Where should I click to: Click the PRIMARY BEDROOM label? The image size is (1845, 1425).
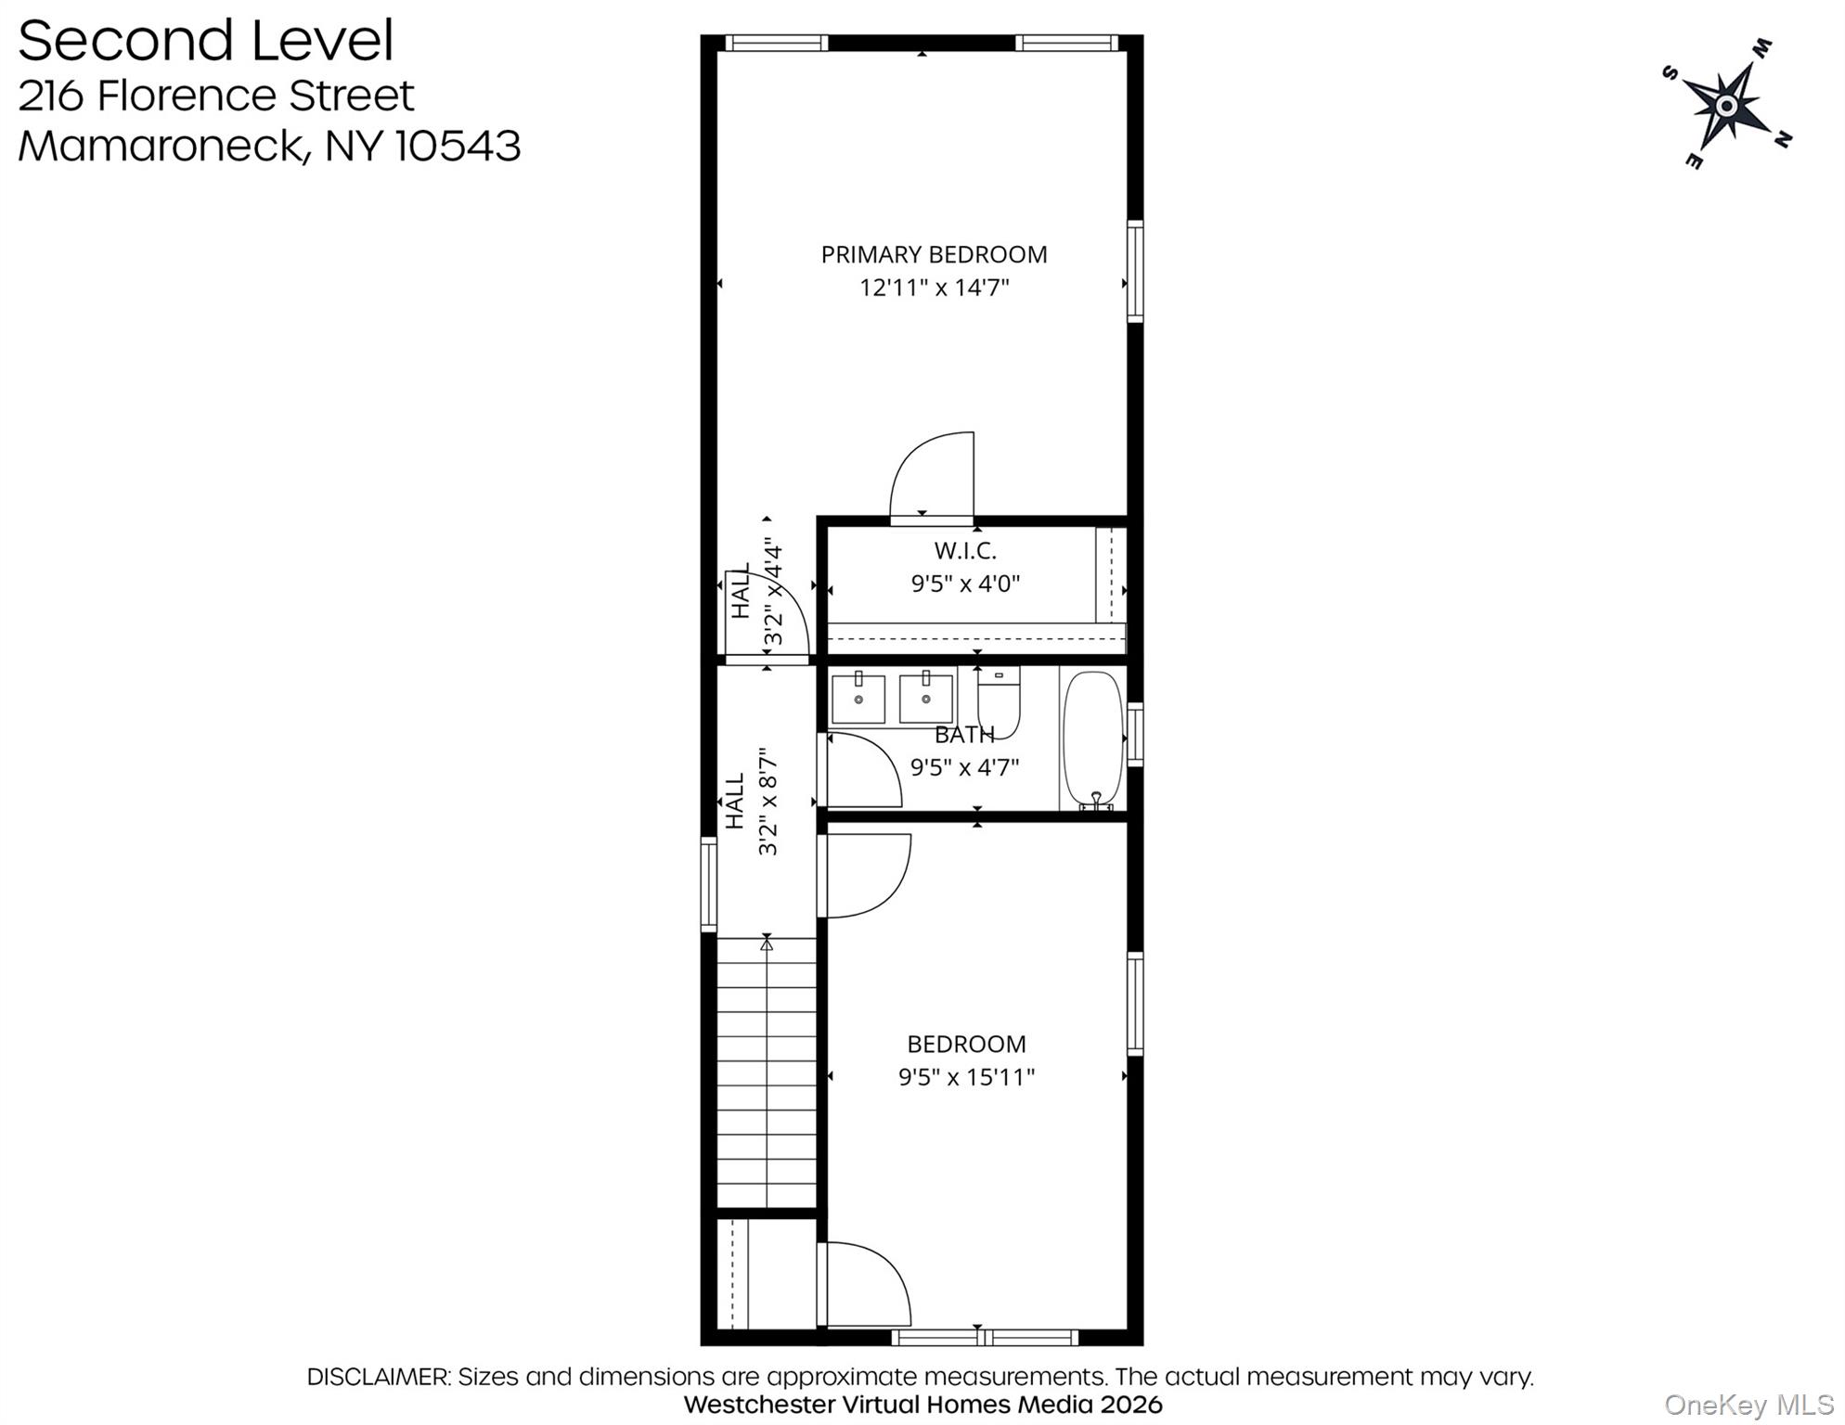[x=934, y=254]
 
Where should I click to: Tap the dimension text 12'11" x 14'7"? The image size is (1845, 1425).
[x=934, y=288]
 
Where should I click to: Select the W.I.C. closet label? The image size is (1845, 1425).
[x=965, y=550]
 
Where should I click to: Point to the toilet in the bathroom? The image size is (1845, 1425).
[x=999, y=701]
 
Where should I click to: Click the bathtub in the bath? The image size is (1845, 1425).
[x=1093, y=739]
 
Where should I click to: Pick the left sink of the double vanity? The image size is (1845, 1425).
[x=858, y=698]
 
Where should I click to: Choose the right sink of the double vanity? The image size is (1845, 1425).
[x=926, y=698]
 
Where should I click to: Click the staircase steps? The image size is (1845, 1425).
[x=767, y=1072]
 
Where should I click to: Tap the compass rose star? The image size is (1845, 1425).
[x=1726, y=105]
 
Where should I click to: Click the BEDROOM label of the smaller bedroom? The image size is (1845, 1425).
[x=966, y=1044]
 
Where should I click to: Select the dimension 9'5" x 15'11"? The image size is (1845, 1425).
[x=966, y=1077]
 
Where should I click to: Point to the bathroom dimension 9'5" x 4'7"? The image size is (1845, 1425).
[x=964, y=768]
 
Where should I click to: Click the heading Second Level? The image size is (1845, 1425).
[x=206, y=41]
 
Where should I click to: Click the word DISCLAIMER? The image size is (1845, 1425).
[x=378, y=1377]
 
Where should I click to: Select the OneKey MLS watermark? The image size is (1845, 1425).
[x=1748, y=1406]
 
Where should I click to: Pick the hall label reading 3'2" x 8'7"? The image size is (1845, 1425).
[x=768, y=802]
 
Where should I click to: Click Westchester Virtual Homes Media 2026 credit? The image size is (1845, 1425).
[x=922, y=1405]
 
